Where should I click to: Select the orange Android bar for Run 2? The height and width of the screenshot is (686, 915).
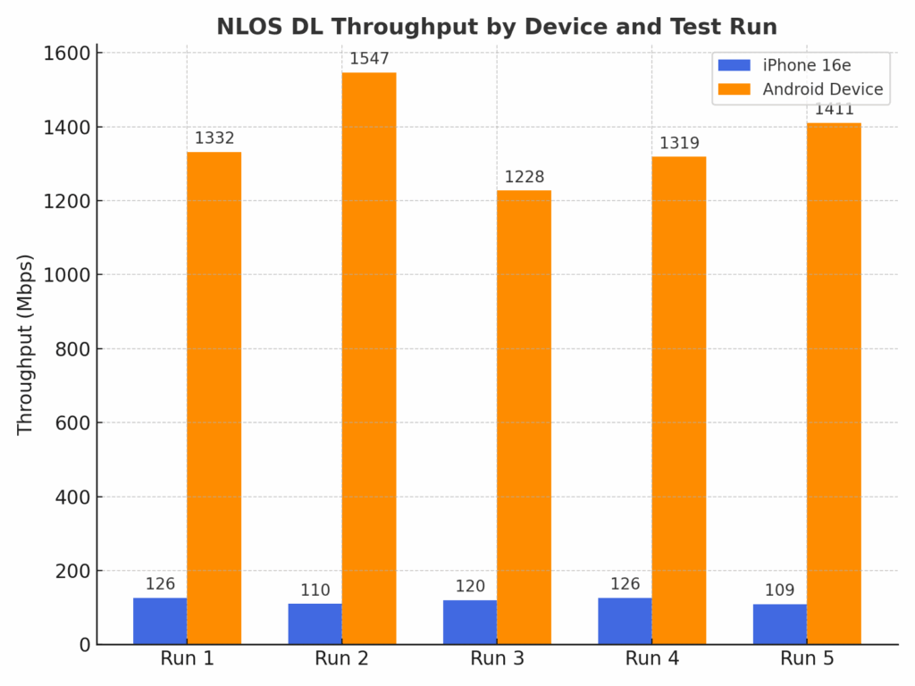pos(369,357)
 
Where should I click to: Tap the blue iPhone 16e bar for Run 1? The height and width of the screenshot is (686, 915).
pos(160,621)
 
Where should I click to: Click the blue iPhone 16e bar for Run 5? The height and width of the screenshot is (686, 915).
pos(779,623)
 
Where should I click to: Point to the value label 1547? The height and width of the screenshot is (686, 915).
pos(369,59)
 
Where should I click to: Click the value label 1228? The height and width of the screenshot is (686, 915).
pos(524,177)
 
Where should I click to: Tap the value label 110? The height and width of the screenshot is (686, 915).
pos(315,590)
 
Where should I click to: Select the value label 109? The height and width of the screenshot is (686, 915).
pos(779,590)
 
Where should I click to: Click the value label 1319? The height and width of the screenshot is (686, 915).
pos(679,143)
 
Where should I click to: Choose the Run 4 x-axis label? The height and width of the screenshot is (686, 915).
pos(651,659)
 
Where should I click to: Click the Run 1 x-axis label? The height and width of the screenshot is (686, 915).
pos(187,659)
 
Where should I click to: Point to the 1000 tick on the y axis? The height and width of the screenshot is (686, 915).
pos(67,274)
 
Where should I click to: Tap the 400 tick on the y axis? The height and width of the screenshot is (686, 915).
pos(73,497)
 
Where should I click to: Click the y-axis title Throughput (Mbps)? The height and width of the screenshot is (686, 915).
pos(25,345)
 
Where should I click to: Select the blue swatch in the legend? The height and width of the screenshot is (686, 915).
pos(735,64)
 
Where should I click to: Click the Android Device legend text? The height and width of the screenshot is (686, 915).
pos(822,89)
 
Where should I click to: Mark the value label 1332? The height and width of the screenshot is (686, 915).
pos(214,138)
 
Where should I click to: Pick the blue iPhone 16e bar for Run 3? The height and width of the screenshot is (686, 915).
pos(470,622)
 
